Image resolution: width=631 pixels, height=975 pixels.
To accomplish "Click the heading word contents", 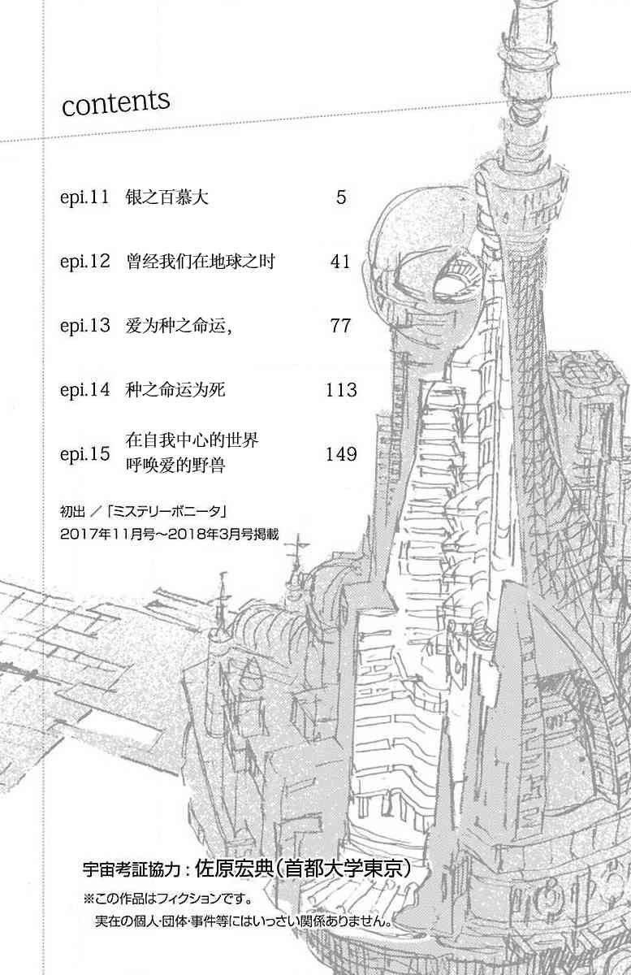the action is tap(116, 103).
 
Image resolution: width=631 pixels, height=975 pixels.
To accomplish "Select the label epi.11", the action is tap(84, 197).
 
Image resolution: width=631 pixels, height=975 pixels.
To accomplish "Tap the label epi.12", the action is tap(84, 262).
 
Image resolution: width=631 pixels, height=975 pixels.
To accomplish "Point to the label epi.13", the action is tap(84, 326).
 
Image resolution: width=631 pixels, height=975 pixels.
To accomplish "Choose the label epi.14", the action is tap(84, 389).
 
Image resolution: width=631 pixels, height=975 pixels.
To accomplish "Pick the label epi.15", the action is tap(84, 453).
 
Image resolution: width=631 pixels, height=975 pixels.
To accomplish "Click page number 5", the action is tap(341, 197).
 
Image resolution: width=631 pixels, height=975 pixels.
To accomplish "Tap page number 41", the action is tap(340, 262).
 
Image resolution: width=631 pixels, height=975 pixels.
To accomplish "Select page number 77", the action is tap(340, 326).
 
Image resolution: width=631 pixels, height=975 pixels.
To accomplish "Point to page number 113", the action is tap(342, 389).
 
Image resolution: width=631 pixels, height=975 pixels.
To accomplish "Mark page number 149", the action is tap(342, 454).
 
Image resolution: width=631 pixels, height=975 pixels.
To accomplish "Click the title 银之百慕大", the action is tap(167, 197).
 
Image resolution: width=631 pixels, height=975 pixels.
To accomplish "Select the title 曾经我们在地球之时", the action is tap(201, 262).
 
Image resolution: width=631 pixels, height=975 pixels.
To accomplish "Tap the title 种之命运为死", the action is tap(175, 389).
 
